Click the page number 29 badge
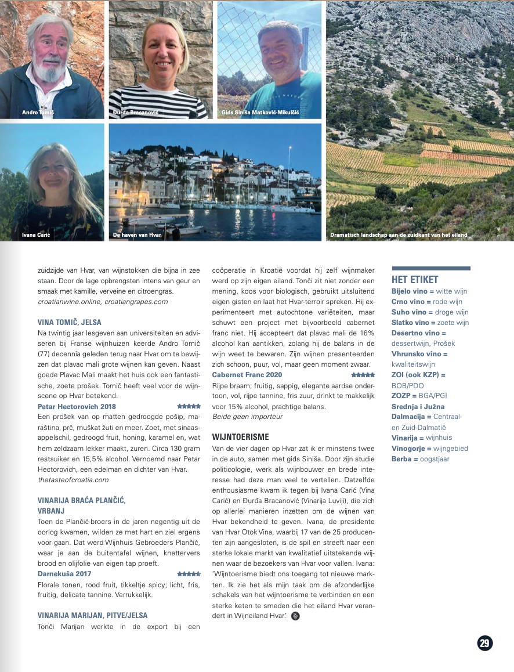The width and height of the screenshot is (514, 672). click(x=485, y=643)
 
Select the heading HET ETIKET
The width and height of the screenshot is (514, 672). click(x=415, y=280)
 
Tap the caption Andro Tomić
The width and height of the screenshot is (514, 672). click(x=38, y=112)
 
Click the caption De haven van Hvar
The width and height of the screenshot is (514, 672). click(x=137, y=235)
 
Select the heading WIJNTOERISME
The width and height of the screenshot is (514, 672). click(x=241, y=436)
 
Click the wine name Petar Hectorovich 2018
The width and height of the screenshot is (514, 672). click(x=77, y=406)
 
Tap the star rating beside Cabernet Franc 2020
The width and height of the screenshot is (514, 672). click(x=363, y=375)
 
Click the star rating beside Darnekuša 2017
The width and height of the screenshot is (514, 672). click(x=189, y=573)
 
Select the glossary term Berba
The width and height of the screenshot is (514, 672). click(x=404, y=459)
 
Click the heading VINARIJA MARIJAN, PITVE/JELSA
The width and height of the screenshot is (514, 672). click(x=93, y=615)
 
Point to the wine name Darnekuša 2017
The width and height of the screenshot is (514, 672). click(x=64, y=573)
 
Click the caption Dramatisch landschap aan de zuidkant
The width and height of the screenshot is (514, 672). click(x=398, y=235)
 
